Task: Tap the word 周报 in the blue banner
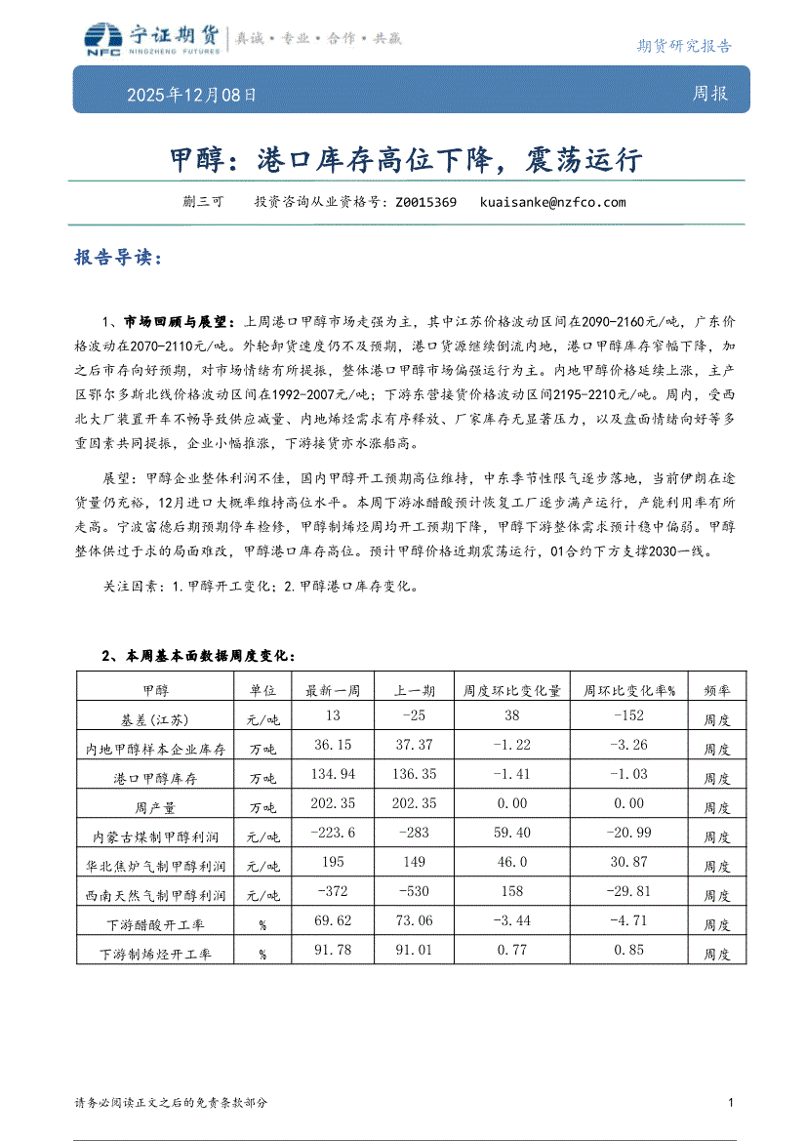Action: (x=710, y=94)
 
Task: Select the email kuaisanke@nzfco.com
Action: (x=553, y=203)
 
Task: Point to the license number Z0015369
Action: (x=426, y=203)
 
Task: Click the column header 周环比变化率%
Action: (x=629, y=690)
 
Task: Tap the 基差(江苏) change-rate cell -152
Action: (x=629, y=717)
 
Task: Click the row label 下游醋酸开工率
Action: (x=155, y=924)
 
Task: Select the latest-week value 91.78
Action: (x=334, y=950)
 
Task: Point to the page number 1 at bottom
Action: (x=731, y=1102)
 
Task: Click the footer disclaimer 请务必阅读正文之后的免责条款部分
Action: (x=171, y=1102)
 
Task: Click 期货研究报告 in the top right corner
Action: (x=683, y=45)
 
